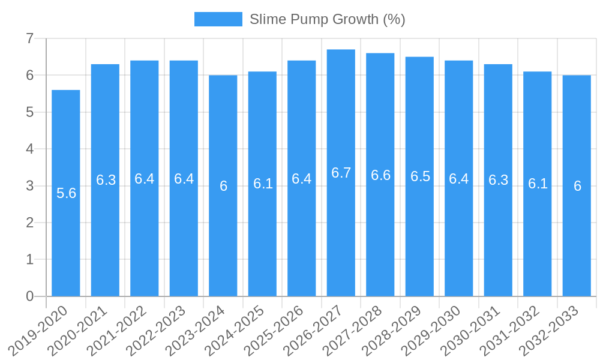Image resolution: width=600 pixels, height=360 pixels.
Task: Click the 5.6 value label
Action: pyautogui.click(x=66, y=193)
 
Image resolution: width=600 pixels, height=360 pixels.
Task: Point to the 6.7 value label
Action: pyautogui.click(x=341, y=173)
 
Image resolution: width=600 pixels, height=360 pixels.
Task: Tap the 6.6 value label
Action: pyautogui.click(x=380, y=175)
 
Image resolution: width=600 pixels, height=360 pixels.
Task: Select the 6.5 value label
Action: pyautogui.click(x=420, y=176)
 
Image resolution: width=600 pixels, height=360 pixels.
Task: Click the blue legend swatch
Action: pyautogui.click(x=218, y=19)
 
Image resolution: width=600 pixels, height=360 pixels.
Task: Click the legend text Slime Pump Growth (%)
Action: pyautogui.click(x=327, y=19)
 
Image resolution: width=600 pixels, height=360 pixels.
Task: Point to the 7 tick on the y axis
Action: pyautogui.click(x=29, y=38)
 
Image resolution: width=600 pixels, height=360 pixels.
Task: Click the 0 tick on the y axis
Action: pyautogui.click(x=29, y=296)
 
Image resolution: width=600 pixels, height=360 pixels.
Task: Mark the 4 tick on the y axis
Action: pyautogui.click(x=29, y=149)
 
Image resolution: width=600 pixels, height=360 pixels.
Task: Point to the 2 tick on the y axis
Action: pyautogui.click(x=29, y=223)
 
